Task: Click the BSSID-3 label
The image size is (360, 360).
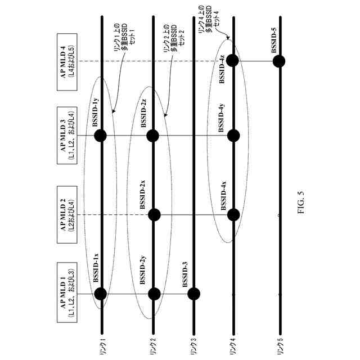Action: coord(186,274)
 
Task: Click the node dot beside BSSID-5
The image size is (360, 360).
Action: coord(279,61)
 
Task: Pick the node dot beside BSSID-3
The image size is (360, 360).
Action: coord(194,294)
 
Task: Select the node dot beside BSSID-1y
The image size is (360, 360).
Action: coord(100,135)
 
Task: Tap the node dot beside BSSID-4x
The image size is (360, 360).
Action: coord(233,214)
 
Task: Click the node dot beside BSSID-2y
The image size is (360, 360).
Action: coord(154,294)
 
